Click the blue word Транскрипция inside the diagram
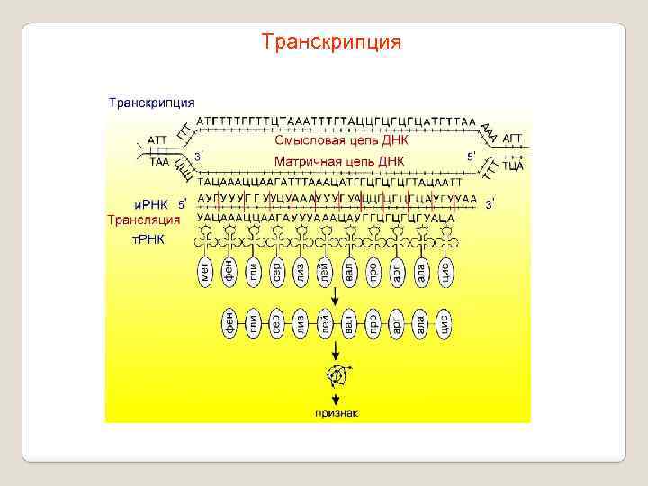point(152,103)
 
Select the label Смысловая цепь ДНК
point(341,140)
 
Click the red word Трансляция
point(144,220)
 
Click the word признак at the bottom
point(337,413)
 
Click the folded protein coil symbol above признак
point(336,373)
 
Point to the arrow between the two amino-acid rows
point(336,298)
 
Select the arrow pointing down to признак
point(336,395)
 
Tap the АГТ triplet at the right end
point(512,138)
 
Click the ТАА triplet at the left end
point(158,163)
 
